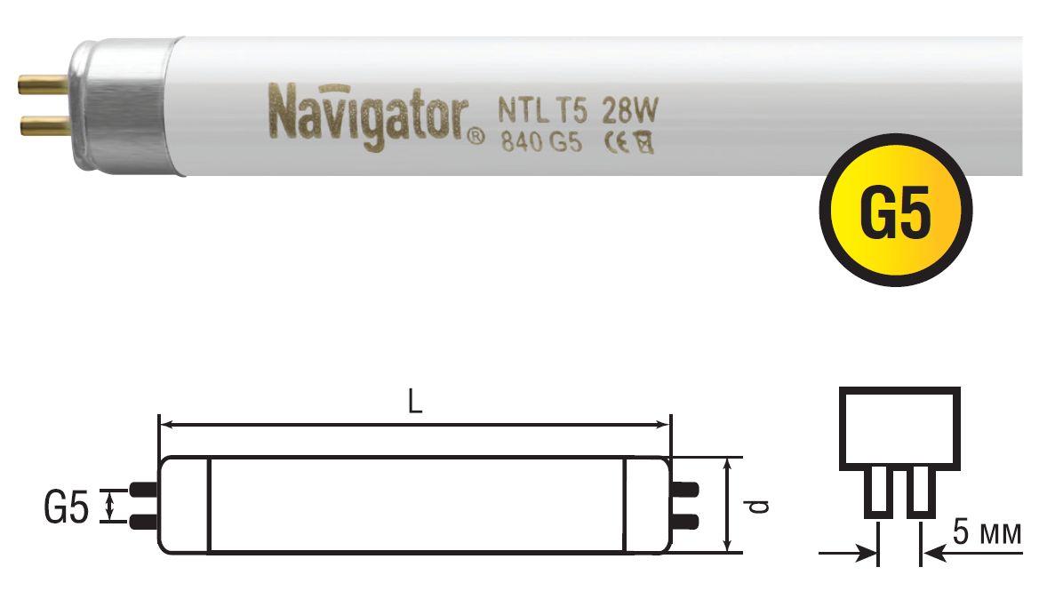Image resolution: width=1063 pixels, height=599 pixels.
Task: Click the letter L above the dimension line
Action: [x=414, y=403]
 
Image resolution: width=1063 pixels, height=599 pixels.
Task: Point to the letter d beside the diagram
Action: [x=756, y=506]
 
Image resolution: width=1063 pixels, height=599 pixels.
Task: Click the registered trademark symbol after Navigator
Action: [x=476, y=137]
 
